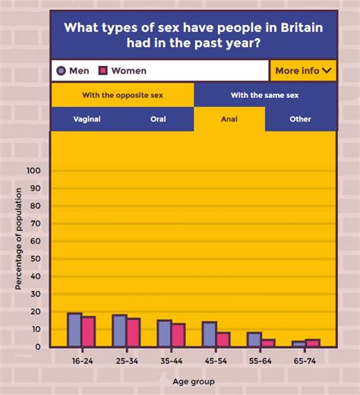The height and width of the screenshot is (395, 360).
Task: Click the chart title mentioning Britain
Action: coord(193,35)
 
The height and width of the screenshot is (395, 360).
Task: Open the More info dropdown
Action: coord(303,71)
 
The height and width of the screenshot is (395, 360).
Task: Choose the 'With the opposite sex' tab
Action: coord(122,95)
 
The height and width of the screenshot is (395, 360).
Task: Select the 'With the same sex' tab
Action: coord(265,95)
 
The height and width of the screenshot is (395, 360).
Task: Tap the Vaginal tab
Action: coord(87,119)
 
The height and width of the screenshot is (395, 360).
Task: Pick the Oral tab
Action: coord(158,119)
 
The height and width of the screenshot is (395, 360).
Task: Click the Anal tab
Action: coord(229,119)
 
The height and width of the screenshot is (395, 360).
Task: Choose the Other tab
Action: coord(300,119)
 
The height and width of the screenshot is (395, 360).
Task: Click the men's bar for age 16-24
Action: coord(74,330)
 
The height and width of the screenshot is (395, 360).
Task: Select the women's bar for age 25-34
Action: coord(133,332)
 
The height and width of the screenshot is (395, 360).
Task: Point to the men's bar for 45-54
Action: coord(209,334)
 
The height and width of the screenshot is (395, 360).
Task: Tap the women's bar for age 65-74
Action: coord(312,343)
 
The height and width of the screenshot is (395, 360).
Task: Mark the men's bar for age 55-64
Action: coord(254,340)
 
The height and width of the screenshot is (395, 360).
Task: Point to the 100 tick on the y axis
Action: coord(33,171)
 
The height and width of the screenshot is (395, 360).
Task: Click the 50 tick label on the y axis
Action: coord(35,259)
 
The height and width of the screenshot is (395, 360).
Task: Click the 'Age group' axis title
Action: coord(192,381)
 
